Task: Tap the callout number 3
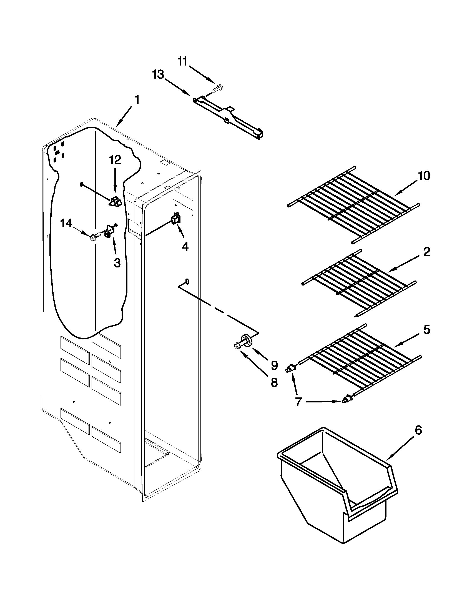tap(117, 262)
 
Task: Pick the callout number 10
tap(424, 176)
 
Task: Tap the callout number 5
tap(426, 330)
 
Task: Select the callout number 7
tap(298, 402)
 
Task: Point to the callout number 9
tap(274, 365)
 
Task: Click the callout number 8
tap(274, 382)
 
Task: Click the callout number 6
tap(418, 430)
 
